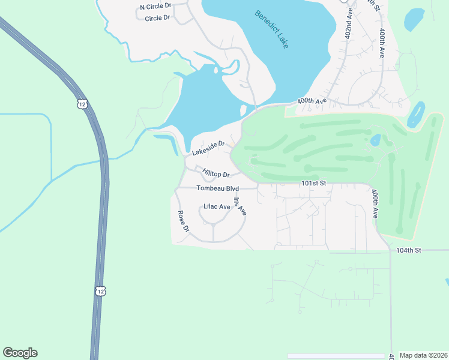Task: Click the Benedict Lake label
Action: point(271,29)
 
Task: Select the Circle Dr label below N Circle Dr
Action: point(157,18)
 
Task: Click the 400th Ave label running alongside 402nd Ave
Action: point(381,43)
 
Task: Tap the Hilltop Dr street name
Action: point(216,173)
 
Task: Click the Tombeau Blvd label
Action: point(217,188)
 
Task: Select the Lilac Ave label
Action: point(217,206)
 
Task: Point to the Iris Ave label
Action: point(240,206)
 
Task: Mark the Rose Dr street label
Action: point(183,221)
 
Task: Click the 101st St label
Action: point(313,183)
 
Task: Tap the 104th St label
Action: point(409,249)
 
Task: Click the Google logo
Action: point(20,353)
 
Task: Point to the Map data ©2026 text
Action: point(423,355)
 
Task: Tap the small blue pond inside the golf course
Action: point(376,140)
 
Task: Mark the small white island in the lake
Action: point(243,111)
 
